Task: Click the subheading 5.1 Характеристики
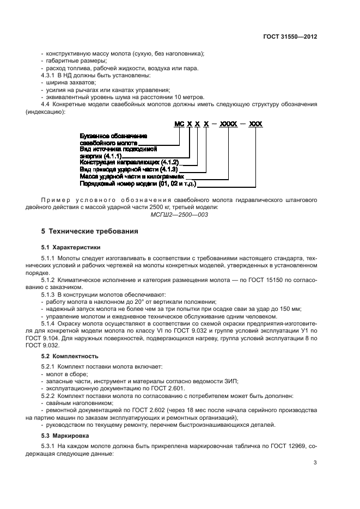pyautogui.click(x=71, y=247)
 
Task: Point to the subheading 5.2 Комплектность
pyautogui.click(x=70, y=356)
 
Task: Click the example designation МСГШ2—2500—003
pyautogui.click(x=180, y=214)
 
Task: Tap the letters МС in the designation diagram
pyautogui.click(x=180, y=124)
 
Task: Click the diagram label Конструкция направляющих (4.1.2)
pyautogui.click(x=129, y=162)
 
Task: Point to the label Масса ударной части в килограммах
pyautogui.click(x=132, y=176)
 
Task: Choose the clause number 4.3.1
pyautogui.click(x=49, y=75)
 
